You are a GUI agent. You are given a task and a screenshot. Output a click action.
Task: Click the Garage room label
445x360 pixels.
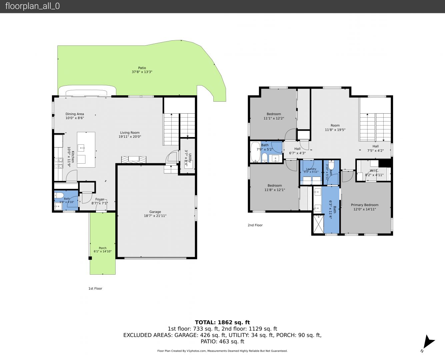pyautogui.click(x=155, y=212)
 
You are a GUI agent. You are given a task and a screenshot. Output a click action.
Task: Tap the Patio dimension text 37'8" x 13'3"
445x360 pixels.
pyautogui.click(x=142, y=72)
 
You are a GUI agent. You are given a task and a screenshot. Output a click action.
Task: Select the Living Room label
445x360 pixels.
pyautogui.click(x=130, y=132)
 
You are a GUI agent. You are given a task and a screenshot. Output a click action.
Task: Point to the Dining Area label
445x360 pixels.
pyautogui.click(x=75, y=114)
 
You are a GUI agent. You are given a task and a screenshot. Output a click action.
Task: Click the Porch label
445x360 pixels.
pyautogui.click(x=103, y=248)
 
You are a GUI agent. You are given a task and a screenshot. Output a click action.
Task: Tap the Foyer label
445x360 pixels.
pyautogui.click(x=100, y=199)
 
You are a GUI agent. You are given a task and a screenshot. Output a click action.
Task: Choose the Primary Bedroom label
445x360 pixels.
pyautogui.click(x=365, y=205)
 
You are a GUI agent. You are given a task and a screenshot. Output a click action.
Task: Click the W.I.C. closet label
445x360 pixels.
pyautogui.click(x=374, y=171)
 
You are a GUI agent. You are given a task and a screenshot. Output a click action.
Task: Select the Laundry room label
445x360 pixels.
pyautogui.click(x=311, y=169)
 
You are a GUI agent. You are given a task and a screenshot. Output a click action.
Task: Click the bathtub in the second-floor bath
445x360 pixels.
pyautogui.click(x=255, y=152)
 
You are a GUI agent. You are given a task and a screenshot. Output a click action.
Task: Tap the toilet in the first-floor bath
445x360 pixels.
pyautogui.click(x=59, y=195)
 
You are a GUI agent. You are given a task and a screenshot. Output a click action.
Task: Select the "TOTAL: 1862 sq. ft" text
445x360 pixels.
pyautogui.click(x=222, y=322)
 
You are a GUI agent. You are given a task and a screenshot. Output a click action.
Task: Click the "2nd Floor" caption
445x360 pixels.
pyautogui.click(x=255, y=225)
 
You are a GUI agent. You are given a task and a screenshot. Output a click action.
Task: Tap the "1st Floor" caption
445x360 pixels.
pyautogui.click(x=95, y=288)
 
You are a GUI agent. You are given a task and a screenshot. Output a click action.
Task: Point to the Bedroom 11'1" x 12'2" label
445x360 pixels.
pyautogui.click(x=274, y=116)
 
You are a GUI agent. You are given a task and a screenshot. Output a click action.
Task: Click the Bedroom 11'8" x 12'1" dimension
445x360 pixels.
pyautogui.click(x=275, y=190)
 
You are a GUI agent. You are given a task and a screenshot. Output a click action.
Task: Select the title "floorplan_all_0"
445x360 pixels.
pyautogui.click(x=33, y=6)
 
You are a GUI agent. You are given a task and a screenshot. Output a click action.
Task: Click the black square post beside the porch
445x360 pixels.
pyautogui.click(x=90, y=258)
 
